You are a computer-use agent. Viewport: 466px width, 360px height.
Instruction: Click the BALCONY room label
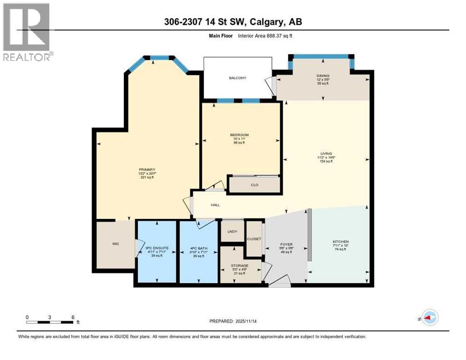pos(237,78)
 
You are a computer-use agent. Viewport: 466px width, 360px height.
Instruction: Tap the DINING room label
pos(323,75)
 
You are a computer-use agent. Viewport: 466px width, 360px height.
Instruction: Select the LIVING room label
pos(326,153)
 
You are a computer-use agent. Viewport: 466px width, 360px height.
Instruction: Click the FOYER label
pos(286,245)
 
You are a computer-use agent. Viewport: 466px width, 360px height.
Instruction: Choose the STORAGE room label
pos(240,266)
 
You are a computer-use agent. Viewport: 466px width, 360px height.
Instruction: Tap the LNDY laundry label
pos(232,232)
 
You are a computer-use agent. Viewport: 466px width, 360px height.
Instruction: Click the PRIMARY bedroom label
pos(147,170)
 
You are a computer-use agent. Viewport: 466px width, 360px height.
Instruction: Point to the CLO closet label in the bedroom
pos(255,185)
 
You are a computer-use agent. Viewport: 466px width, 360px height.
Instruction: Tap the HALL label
pos(215,205)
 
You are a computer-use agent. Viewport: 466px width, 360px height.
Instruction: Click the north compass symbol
pos(429,317)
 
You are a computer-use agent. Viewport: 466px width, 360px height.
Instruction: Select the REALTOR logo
pos(28,31)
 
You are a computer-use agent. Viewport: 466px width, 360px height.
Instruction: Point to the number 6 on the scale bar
pos(73,317)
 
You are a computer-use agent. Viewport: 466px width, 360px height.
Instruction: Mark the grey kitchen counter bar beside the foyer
pos(309,234)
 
